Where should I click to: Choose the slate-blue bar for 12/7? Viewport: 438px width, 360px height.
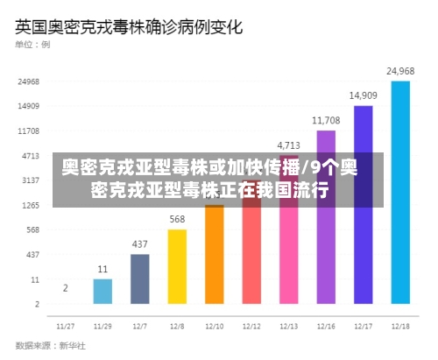139,279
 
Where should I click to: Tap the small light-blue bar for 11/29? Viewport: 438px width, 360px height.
102,291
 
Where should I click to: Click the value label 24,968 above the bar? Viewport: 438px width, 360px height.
400,71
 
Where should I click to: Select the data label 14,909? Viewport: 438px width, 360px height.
363,95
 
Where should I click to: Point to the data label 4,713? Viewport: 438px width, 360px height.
288,145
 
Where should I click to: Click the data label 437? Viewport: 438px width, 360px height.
139,244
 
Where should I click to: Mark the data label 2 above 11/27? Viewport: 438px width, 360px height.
65,287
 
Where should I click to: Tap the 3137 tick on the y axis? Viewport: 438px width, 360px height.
29,180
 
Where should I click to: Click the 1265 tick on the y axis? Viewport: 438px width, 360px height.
29,205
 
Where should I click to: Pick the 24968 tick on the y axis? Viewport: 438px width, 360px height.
29,81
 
